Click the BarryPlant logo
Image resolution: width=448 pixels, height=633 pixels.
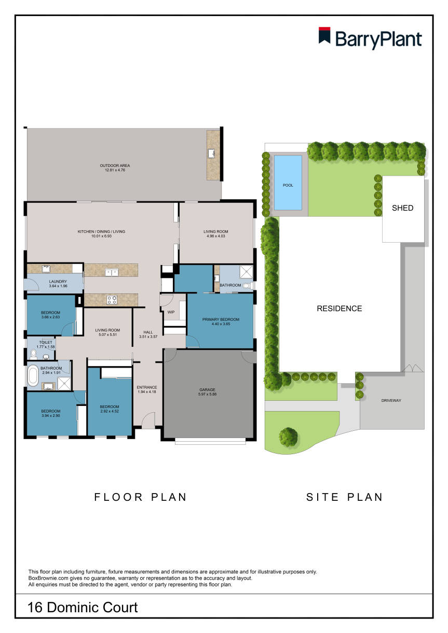point(370,38)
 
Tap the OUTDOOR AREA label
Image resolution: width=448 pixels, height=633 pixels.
point(111,166)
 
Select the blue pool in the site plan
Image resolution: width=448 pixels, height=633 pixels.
point(288,182)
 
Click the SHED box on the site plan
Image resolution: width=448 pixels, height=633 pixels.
point(403,208)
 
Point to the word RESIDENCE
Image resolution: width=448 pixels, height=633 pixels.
point(339,308)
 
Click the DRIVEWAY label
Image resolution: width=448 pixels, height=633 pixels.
point(391,400)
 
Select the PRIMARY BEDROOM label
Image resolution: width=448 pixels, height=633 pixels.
point(221,319)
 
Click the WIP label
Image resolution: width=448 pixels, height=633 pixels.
point(171,312)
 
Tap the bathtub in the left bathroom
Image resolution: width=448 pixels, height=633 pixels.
point(33,375)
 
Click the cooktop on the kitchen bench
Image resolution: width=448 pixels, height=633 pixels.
point(111,299)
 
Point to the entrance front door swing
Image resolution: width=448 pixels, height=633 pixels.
point(148,419)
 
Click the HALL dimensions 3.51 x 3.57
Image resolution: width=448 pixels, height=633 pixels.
point(148,337)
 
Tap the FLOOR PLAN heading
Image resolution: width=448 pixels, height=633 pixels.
point(140,497)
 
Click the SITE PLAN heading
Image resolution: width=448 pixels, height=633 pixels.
point(344,497)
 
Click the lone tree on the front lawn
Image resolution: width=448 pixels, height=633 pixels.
point(288,437)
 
